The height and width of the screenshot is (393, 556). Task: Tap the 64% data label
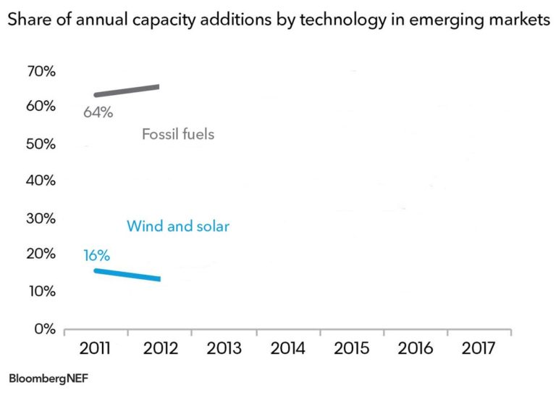(97, 112)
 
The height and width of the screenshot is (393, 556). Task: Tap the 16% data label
(96, 255)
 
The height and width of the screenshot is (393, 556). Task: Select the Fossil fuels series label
(178, 134)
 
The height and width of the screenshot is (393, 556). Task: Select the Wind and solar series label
(178, 226)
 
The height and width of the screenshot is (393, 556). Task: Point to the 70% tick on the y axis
(41, 71)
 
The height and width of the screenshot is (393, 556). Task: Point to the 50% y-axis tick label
(41, 144)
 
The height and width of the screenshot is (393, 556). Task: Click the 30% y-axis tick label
(41, 218)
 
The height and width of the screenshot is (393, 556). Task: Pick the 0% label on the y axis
(45, 328)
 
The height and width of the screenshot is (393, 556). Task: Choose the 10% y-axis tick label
(41, 291)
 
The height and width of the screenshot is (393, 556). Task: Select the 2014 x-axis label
(287, 348)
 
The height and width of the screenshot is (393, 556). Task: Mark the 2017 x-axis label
(479, 348)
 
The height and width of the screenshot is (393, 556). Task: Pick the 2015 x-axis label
(352, 348)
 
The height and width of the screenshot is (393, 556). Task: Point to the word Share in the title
(28, 21)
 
